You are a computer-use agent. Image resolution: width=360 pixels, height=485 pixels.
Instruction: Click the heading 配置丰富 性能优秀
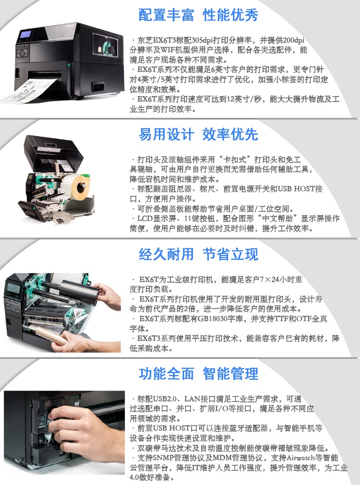(x=198, y=15)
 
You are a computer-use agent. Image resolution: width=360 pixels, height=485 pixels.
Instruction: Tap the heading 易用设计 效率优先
(x=198, y=134)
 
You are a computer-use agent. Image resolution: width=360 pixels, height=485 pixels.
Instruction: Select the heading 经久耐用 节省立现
(x=198, y=254)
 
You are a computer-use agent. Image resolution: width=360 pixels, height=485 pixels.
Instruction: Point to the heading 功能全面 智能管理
(x=198, y=374)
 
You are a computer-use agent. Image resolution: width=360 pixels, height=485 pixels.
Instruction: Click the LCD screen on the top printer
(x=25, y=34)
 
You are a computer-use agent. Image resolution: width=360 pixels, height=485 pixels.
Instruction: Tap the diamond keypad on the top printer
(x=22, y=53)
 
